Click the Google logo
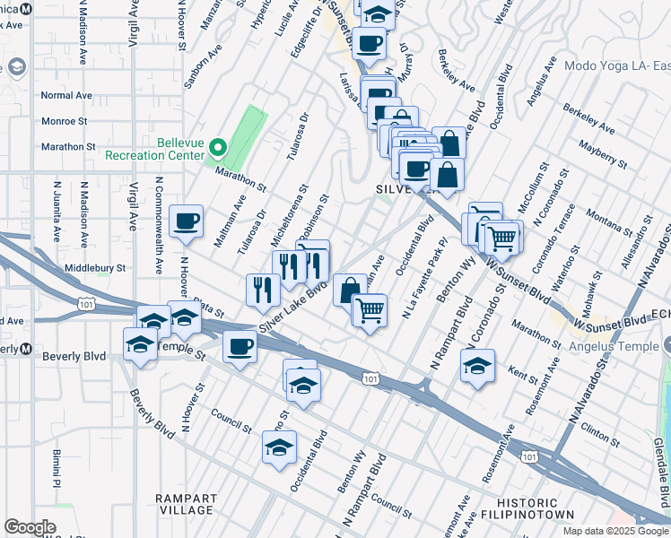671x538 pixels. pos(30,527)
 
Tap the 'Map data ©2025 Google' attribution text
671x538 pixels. pos(615,531)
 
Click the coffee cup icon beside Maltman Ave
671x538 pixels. pos(187,221)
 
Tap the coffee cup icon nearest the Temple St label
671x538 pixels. pos(239,347)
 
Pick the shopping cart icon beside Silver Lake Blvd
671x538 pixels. pos(369,311)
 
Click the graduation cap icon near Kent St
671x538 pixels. pos(477,366)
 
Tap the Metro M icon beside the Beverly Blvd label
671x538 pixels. pos(26,349)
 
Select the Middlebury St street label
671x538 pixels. pos(93,267)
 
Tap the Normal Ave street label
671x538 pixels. pos(66,95)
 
